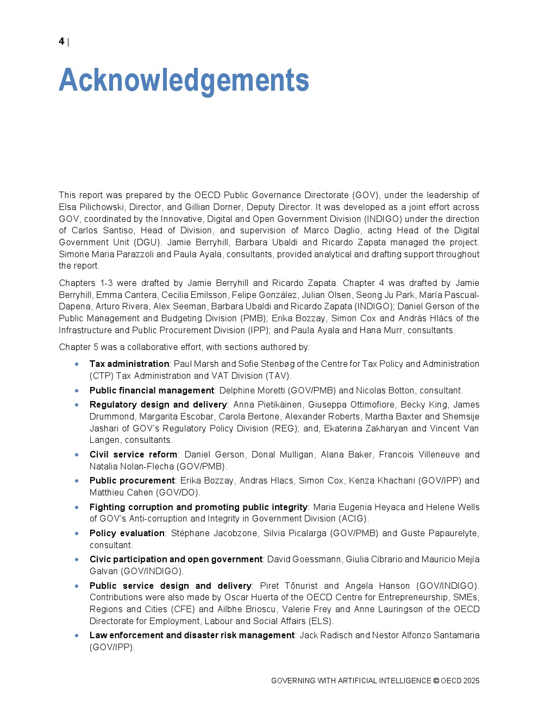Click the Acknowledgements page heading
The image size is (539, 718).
coord(184,80)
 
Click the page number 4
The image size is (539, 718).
coord(61,41)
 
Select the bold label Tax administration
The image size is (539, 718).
coord(129,364)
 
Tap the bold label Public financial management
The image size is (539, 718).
coord(152,390)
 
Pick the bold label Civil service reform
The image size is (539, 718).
coord(133,454)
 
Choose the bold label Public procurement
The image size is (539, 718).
coord(132,480)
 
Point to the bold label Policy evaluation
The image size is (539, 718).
coord(127,533)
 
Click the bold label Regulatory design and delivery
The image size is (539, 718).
coord(158,404)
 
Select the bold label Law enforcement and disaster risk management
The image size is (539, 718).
coord(192,635)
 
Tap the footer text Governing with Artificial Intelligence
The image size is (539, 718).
coord(351,681)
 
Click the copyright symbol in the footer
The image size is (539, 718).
coord(436,681)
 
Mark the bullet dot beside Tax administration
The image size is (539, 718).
coord(77,364)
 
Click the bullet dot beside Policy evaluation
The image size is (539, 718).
coord(77,533)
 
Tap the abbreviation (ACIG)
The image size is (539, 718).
coord(354,518)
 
